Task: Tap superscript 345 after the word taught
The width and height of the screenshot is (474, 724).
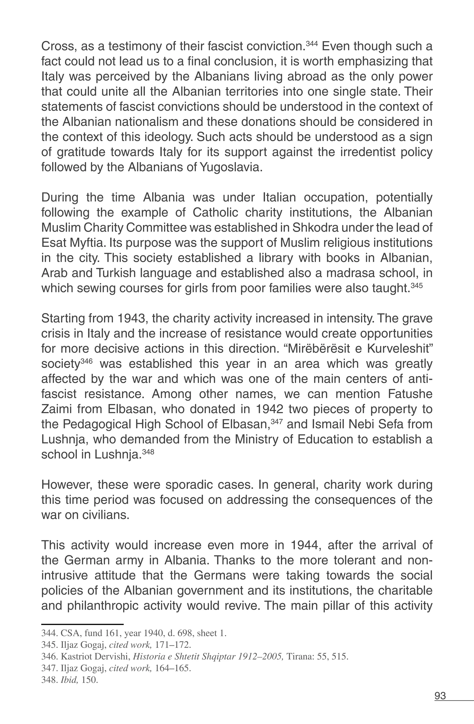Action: (417, 285)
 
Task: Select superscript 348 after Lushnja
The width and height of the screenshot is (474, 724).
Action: (148, 452)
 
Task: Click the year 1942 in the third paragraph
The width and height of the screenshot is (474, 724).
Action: (270, 409)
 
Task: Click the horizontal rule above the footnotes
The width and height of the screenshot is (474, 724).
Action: (82, 624)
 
